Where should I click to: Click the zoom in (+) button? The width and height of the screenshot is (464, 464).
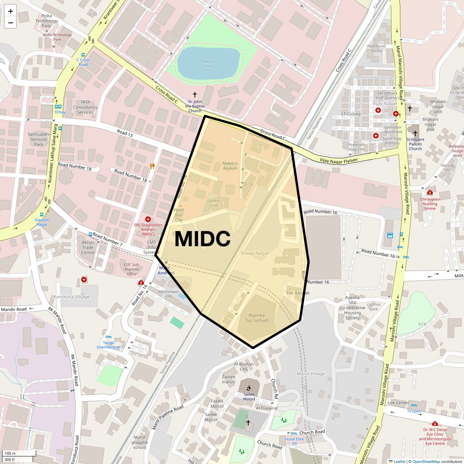(x=10, y=11)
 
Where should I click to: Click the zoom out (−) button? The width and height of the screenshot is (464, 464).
(x=10, y=22)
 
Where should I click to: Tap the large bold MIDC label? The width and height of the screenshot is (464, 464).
(x=202, y=239)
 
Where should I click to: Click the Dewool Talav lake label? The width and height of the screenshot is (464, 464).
(x=208, y=63)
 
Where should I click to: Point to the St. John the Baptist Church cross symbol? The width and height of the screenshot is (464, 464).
(x=195, y=95)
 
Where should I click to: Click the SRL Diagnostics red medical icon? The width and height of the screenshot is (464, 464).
(x=148, y=219)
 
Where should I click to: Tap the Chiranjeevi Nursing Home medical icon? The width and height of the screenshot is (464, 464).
(x=430, y=193)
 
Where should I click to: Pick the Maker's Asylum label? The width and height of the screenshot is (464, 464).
(x=230, y=166)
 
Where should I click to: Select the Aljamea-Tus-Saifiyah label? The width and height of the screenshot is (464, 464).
(x=257, y=318)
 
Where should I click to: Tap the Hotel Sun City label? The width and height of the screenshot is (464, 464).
(x=179, y=215)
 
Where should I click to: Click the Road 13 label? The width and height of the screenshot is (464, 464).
(x=125, y=133)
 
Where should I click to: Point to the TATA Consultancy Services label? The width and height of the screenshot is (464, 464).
(x=85, y=107)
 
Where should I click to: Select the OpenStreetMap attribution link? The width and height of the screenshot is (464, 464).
(x=426, y=461)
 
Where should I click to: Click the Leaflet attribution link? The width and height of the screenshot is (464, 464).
(x=399, y=461)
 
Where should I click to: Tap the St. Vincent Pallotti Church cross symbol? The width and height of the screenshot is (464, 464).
(x=415, y=133)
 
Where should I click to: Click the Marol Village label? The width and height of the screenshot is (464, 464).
(x=310, y=374)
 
